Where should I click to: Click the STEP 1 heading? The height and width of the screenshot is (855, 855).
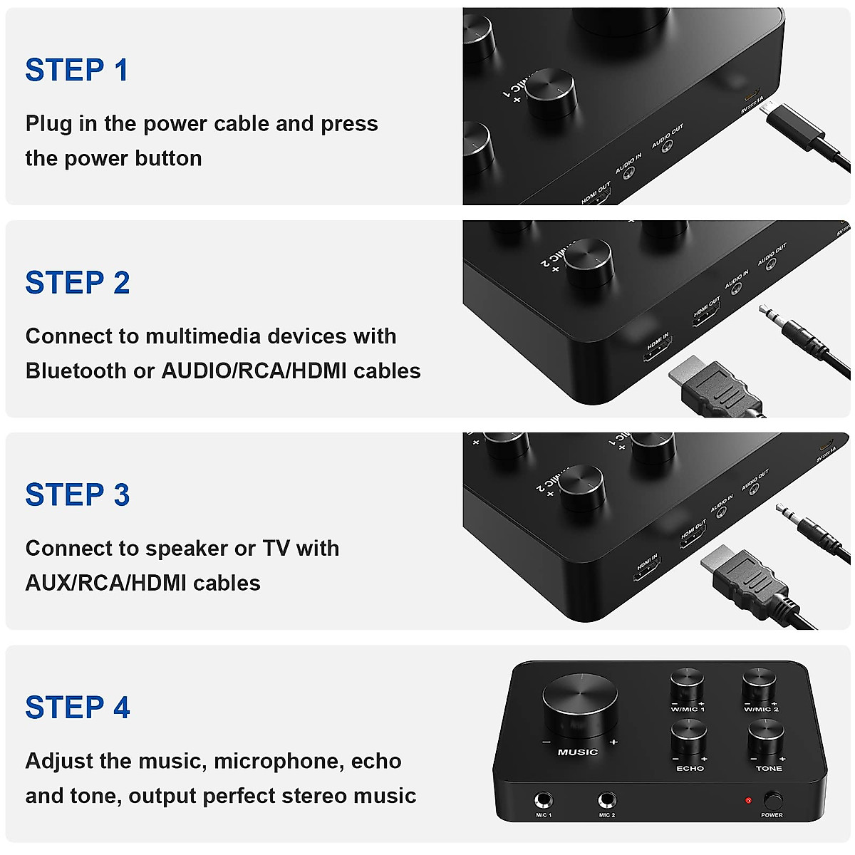point(77,71)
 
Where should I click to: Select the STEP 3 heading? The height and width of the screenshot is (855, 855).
point(78,495)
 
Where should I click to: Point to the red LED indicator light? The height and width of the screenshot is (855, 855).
point(748,801)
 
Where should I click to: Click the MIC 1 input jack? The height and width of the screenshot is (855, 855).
point(544,801)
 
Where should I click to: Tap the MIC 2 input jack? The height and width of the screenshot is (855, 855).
point(607,801)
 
